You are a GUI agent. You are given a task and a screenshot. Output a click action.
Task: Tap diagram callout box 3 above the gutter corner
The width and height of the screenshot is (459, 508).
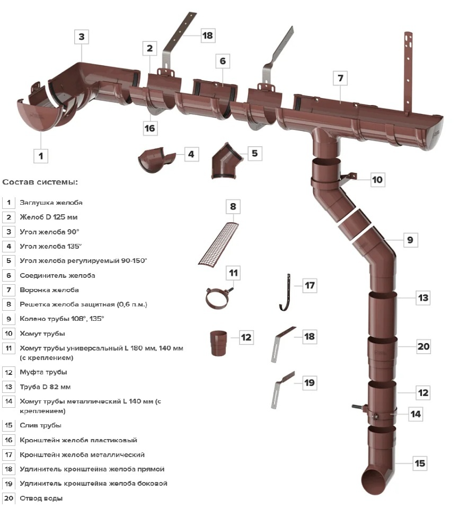[81, 37]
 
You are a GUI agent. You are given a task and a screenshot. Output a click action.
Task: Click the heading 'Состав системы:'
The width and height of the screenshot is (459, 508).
[40, 182]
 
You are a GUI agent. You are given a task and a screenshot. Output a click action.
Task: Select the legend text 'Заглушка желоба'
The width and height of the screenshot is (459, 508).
[51, 203]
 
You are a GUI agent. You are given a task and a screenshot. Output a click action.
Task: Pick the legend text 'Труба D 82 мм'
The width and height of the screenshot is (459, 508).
[45, 387]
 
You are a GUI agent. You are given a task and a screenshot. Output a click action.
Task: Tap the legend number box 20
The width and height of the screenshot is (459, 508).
[9, 498]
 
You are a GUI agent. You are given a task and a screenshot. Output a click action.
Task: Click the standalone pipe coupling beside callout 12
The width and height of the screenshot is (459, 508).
[218, 343]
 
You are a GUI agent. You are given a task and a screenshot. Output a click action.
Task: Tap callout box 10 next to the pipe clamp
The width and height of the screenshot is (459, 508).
[377, 180]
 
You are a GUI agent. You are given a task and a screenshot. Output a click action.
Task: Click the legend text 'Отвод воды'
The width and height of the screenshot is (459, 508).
[41, 498]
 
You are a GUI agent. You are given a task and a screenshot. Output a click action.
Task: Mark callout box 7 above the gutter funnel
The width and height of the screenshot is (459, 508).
[340, 78]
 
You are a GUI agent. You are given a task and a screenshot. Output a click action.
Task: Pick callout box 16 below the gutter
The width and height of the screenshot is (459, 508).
[149, 128]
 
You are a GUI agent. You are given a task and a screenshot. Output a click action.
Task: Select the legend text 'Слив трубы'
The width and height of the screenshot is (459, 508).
[40, 425]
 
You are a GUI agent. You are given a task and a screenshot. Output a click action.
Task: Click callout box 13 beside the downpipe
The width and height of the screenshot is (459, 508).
[422, 298]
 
